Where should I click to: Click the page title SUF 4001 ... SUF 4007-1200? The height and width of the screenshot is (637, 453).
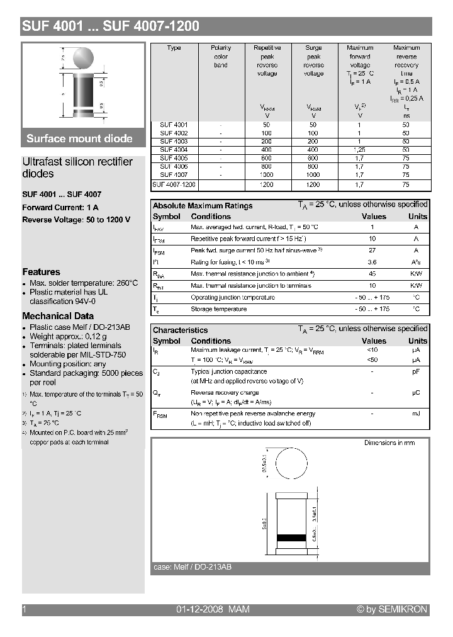[x=111, y=26]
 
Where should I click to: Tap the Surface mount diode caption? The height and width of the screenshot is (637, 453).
[x=79, y=138]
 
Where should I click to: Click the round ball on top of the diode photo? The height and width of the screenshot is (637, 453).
[x=83, y=59]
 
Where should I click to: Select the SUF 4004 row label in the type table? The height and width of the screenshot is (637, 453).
[x=174, y=150]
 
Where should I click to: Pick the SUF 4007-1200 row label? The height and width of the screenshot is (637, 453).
[x=174, y=185]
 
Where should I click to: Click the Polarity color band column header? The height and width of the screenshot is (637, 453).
[x=221, y=57]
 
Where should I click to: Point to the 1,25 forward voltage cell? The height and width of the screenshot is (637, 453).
[x=359, y=150]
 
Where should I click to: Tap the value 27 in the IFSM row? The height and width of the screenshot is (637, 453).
[x=372, y=251]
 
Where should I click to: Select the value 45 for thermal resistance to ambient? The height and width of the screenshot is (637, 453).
[x=372, y=274]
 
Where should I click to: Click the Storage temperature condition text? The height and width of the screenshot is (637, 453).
[x=218, y=309]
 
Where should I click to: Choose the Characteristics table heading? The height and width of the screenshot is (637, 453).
[x=180, y=330]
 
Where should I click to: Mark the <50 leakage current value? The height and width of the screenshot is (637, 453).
[x=372, y=359]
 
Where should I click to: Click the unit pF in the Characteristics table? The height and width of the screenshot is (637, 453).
[x=416, y=372]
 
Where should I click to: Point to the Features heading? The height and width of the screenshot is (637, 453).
[x=41, y=272]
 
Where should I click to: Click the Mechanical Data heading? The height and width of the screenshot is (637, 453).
[x=58, y=316]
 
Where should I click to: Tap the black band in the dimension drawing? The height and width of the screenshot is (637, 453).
[x=290, y=538]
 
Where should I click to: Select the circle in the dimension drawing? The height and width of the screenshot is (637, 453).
[x=290, y=468]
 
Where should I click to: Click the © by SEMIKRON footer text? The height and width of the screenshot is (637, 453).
[x=392, y=609]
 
